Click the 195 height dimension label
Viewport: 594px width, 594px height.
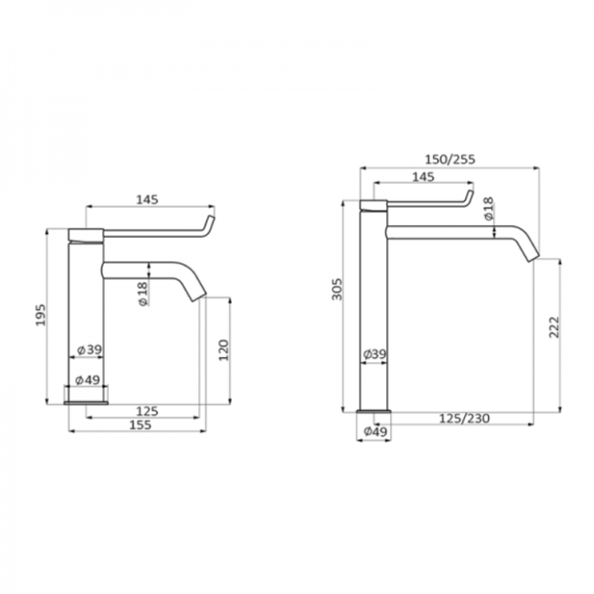(40, 314)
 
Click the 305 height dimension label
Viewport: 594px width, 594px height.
(337, 289)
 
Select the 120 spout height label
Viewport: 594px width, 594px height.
(224, 350)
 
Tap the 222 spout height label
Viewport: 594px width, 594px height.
(554, 327)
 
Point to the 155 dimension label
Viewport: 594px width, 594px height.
(140, 425)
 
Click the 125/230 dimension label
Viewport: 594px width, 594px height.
(464, 418)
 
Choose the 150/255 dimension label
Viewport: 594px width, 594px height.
(450, 159)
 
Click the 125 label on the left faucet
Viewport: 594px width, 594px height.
(147, 411)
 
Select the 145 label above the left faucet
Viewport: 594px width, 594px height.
(147, 200)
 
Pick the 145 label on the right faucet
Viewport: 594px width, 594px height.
(423, 177)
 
